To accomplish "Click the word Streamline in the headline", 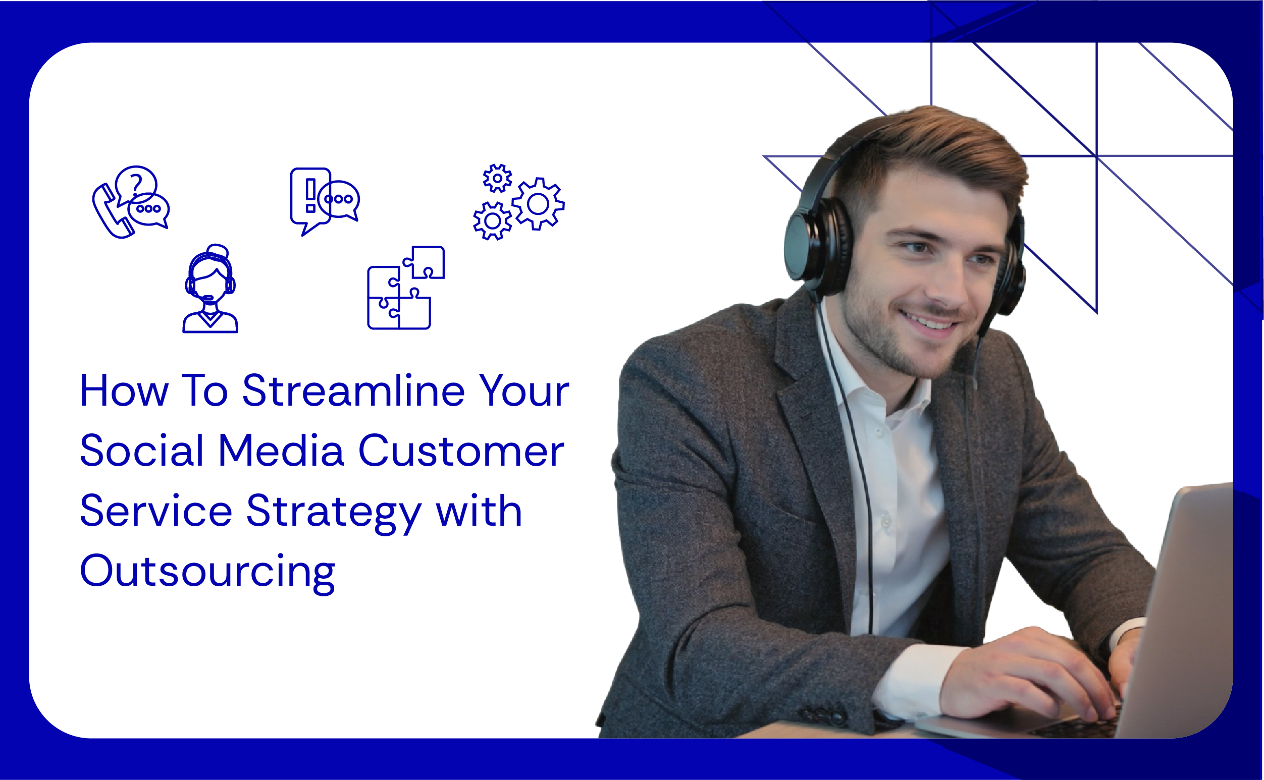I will point(353,391).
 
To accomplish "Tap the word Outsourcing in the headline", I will point(207,571).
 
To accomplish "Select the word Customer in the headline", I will point(461,452).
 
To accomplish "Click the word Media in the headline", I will point(281,451).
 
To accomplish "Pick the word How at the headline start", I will point(124,391).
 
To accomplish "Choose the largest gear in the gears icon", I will point(538,204).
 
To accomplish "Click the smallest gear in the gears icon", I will point(497,179).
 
